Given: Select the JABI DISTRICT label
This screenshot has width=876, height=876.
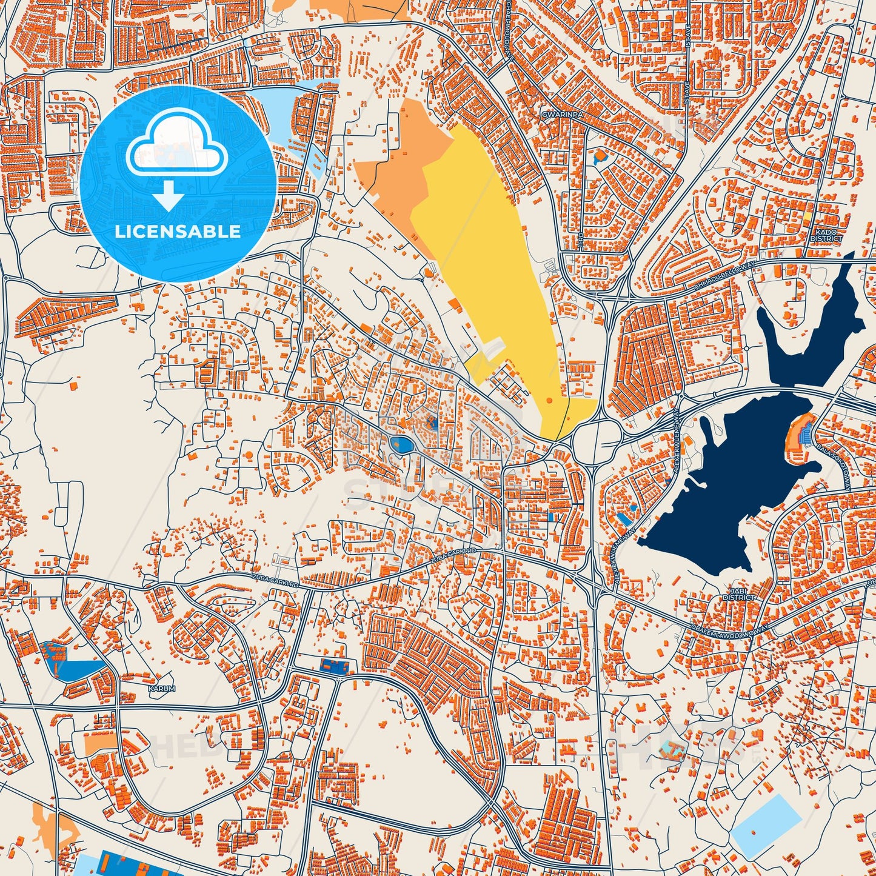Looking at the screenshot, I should (738, 594).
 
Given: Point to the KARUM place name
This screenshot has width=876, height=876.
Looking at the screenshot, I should (162, 689).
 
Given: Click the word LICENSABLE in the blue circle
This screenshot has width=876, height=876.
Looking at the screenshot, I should (178, 232).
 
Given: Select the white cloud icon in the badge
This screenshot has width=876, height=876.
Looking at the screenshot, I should (176, 145).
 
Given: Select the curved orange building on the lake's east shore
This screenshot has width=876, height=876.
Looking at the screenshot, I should (795, 430).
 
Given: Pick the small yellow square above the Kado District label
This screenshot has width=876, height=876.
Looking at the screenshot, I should (807, 216).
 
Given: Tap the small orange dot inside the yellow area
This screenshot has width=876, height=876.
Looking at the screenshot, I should (549, 400).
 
